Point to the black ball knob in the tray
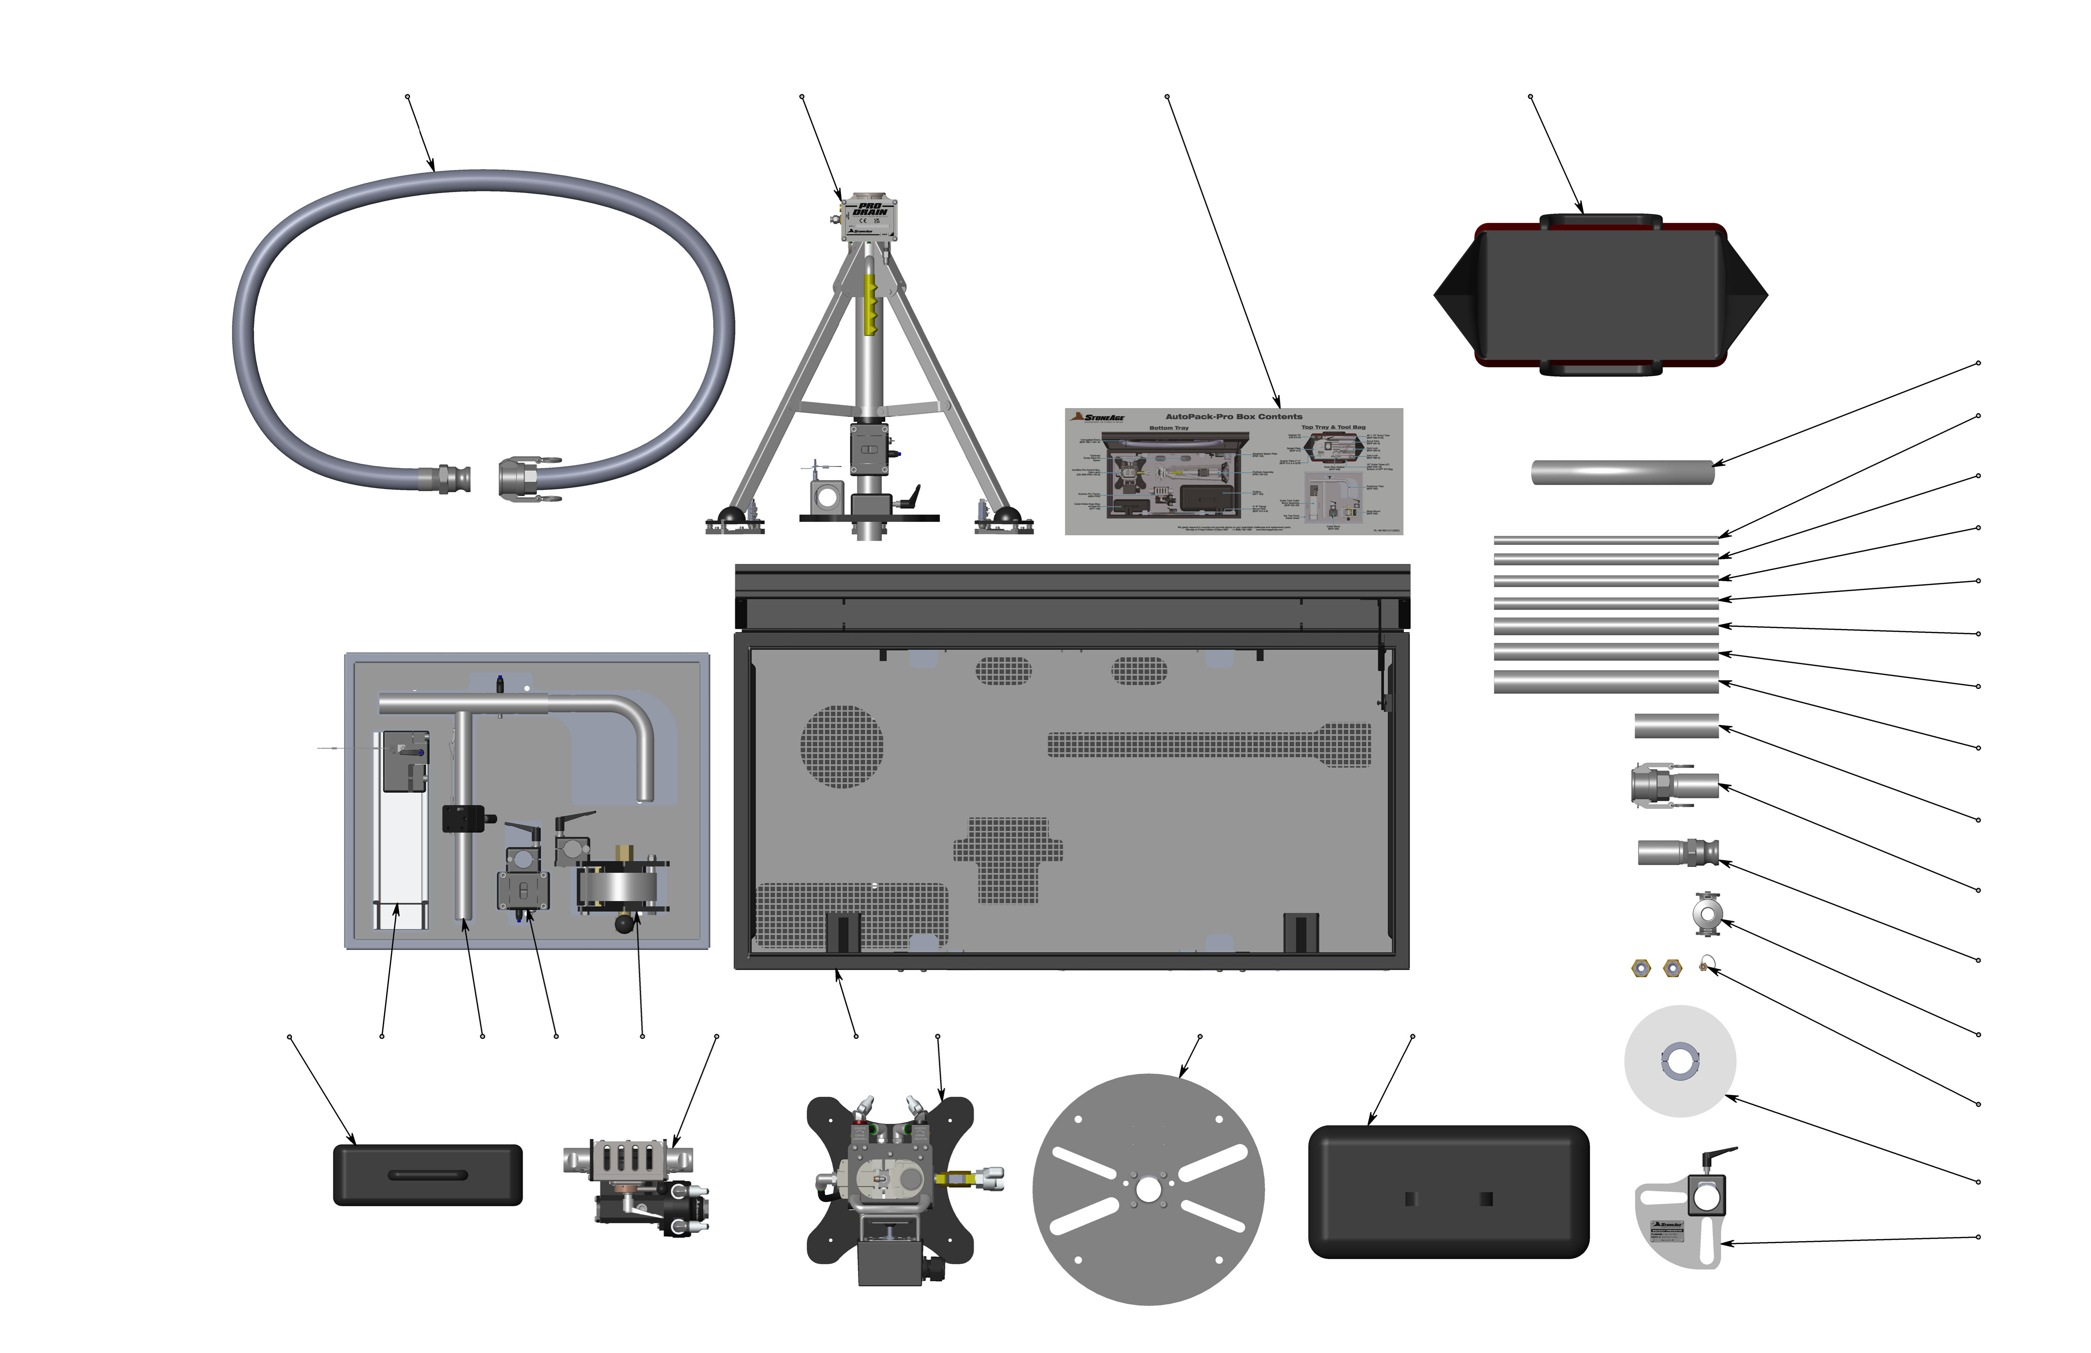coord(625,923)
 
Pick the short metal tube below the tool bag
coord(1622,472)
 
